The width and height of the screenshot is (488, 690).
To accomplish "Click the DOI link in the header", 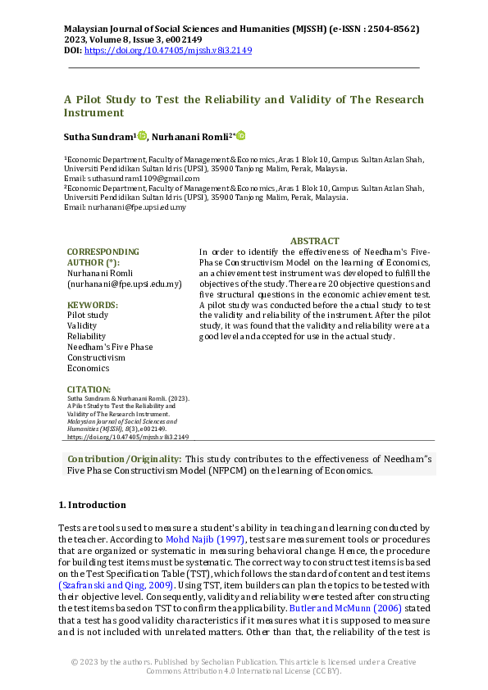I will click(x=168, y=51).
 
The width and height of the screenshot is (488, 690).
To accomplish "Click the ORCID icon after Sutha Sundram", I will click(x=143, y=136).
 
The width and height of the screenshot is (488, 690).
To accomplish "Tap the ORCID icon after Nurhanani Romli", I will click(x=241, y=136).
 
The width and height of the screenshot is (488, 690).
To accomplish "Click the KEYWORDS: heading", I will click(x=93, y=304).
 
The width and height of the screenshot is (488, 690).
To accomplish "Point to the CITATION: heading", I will click(x=89, y=389).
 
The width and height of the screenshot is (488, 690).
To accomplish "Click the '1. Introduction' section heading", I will click(x=92, y=505).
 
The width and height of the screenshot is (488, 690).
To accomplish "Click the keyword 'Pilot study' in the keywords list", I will click(x=87, y=315).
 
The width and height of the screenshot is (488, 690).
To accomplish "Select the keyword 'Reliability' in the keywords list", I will click(x=86, y=336).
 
